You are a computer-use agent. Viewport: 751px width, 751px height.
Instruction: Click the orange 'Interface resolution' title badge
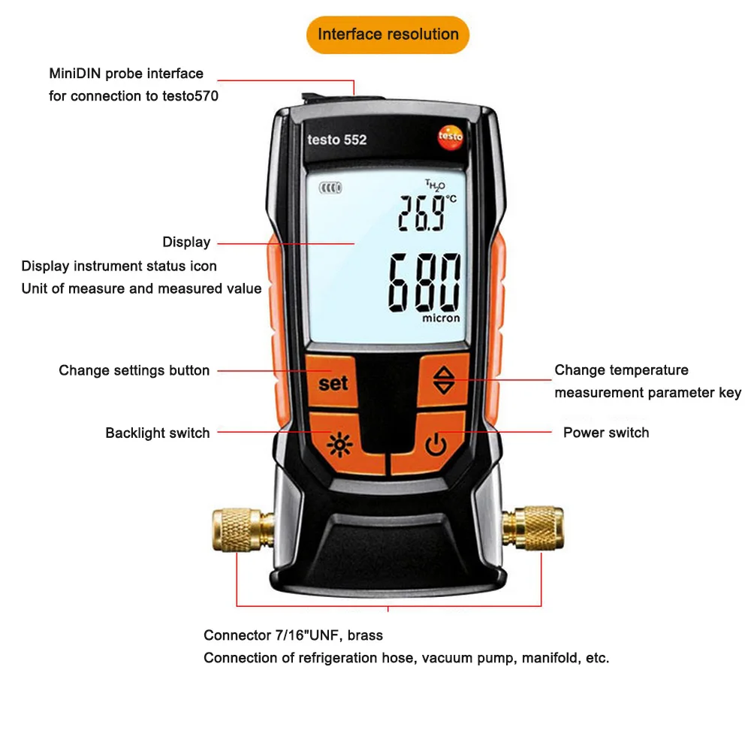pyautogui.click(x=388, y=35)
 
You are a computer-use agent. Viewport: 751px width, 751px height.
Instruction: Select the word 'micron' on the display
pyautogui.click(x=441, y=318)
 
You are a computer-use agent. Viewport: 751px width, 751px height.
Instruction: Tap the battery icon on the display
pyautogui.click(x=328, y=189)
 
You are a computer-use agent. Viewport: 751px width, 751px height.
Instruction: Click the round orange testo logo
pyautogui.click(x=450, y=137)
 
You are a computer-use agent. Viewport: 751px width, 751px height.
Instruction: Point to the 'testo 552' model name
pyautogui.click(x=336, y=140)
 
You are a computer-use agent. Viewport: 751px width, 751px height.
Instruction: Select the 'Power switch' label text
pyautogui.click(x=606, y=433)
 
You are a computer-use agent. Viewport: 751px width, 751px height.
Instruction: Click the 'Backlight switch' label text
pyautogui.click(x=158, y=433)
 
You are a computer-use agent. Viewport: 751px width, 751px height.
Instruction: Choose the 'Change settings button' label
pyautogui.click(x=134, y=370)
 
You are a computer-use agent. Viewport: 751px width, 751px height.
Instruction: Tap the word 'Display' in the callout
pyautogui.click(x=186, y=243)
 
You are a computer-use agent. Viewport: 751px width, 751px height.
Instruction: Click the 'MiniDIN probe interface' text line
pyautogui.click(x=126, y=74)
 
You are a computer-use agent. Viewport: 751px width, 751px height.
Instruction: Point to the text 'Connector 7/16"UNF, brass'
pyautogui.click(x=293, y=635)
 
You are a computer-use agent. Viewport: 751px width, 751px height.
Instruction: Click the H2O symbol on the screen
pyautogui.click(x=436, y=185)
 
